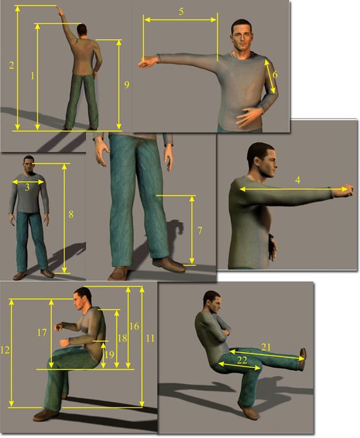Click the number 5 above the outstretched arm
[x=181, y=12]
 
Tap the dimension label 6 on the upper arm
[x=275, y=75]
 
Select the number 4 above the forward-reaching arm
[x=298, y=180]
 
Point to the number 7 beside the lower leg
[x=200, y=231]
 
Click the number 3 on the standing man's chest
[x=27, y=187]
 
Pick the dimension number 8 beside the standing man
[x=71, y=214]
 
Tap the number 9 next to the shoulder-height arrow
[x=127, y=85]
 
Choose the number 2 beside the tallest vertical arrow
[x=12, y=66]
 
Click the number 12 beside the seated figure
[x=5, y=350]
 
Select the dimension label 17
[x=42, y=333]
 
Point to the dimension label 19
[x=109, y=355]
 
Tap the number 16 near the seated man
[x=134, y=326]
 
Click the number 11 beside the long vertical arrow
[x=150, y=338]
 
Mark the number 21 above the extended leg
[x=266, y=347]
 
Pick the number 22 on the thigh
[x=242, y=360]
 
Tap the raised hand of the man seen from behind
[x=60, y=11]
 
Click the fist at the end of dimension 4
[x=347, y=190]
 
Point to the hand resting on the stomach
[x=249, y=116]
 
